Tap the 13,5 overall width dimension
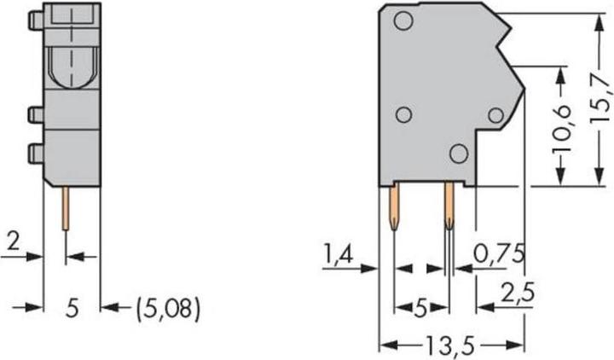pyautogui.click(x=451, y=345)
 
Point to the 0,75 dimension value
pyautogui.click(x=499, y=253)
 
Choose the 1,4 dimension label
pyautogui.click(x=339, y=253)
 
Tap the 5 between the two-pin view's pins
pyautogui.click(x=420, y=305)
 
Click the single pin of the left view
pyautogui.click(x=66, y=209)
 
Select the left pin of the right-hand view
pyautogui.click(x=393, y=209)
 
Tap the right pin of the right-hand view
pyautogui.click(x=448, y=209)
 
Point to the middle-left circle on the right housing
pyautogui.click(x=405, y=115)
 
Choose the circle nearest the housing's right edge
pyautogui.click(x=495, y=115)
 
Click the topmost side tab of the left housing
pyautogui.click(x=35, y=20)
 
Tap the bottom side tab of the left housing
pyautogui.click(x=35, y=154)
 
